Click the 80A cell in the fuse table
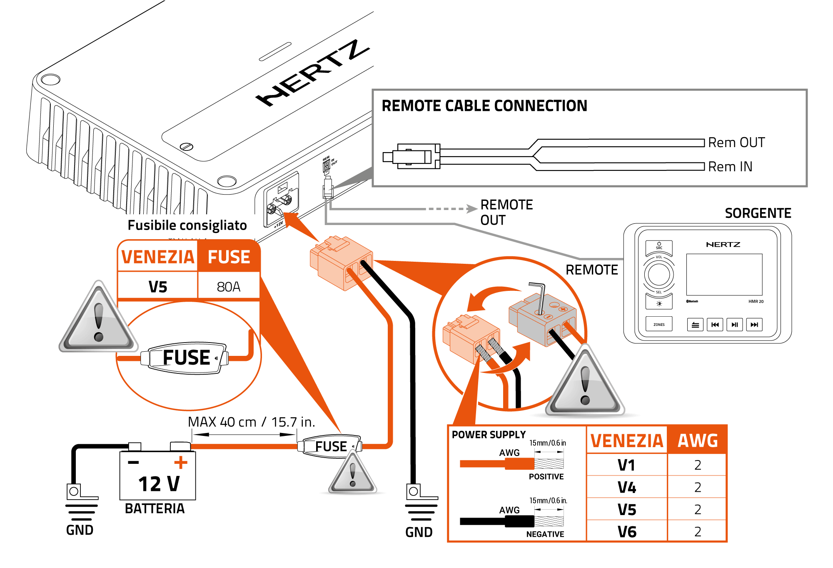tap(229, 287)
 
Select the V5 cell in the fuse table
tap(158, 287)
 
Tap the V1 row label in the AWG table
tap(626, 465)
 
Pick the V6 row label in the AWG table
tap(627, 532)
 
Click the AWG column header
tap(698, 440)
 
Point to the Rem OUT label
tap(736, 143)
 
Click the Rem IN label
tap(730, 167)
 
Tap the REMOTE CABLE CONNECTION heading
tap(484, 106)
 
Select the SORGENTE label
tap(758, 213)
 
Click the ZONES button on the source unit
tap(659, 324)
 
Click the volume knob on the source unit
tap(659, 275)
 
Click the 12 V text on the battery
tap(159, 484)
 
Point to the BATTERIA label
tap(155, 509)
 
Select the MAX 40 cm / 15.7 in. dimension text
tap(251, 422)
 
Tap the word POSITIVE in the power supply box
tap(546, 477)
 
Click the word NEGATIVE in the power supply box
tap(545, 534)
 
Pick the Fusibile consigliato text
tap(187, 225)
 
